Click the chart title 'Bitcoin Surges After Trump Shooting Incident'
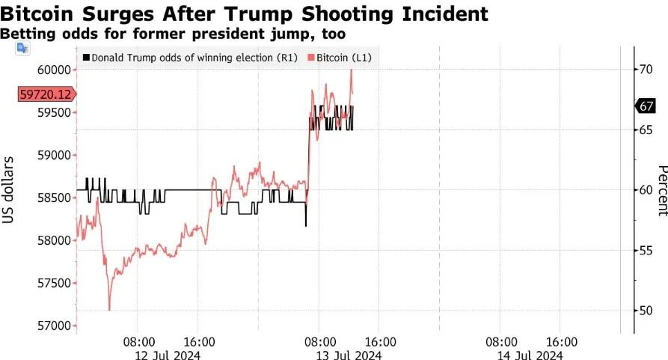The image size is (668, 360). point(245,13)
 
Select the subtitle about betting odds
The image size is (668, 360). point(173,34)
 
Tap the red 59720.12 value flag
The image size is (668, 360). point(46,94)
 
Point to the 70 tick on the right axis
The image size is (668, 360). point(644,70)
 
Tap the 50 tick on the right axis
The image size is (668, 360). point(644,310)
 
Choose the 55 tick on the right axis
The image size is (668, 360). point(644,250)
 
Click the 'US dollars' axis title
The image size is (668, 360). point(10,190)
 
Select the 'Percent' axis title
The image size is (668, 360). point(661,190)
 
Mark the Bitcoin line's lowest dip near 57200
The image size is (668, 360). point(109,309)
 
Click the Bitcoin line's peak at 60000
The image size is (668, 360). point(351,70)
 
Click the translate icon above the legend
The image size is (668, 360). point(22,48)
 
